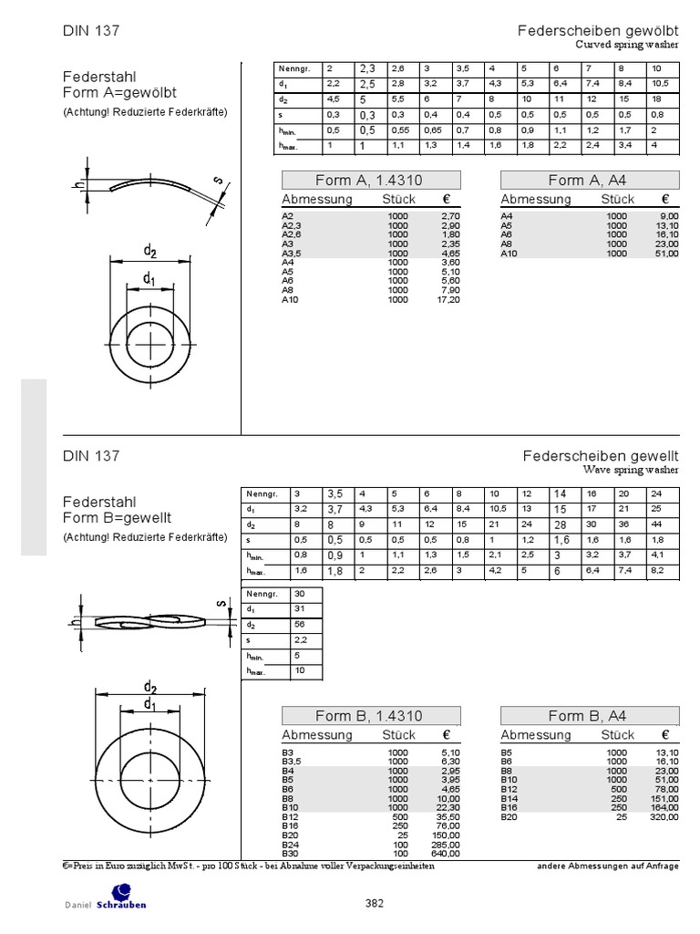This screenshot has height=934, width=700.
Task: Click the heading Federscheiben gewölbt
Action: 598,31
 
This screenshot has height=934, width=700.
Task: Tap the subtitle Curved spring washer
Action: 627,44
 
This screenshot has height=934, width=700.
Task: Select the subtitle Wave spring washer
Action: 631,471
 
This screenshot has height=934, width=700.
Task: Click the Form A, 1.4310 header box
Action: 370,181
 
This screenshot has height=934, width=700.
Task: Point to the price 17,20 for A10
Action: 448,299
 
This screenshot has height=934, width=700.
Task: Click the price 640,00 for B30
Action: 446,853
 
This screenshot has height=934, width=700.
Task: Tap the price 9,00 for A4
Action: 668,216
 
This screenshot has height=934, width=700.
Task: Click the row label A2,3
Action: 293,224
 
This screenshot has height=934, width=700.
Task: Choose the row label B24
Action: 290,844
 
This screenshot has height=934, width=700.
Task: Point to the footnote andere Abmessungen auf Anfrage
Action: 608,866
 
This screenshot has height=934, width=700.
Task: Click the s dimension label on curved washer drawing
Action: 220,181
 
